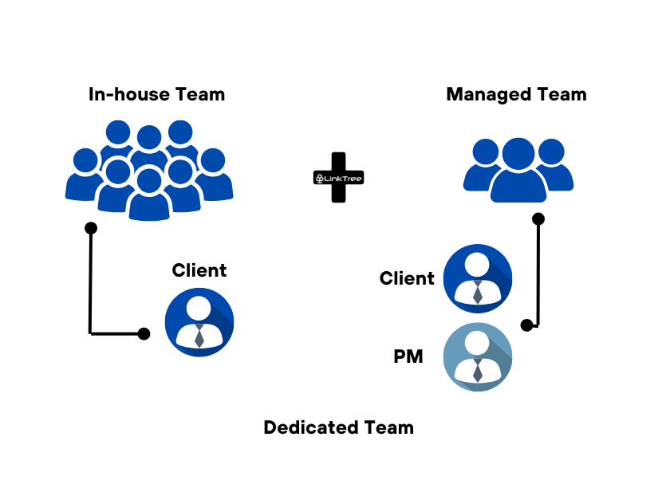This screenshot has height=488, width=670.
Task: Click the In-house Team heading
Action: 156,94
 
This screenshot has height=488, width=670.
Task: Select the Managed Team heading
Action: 516,94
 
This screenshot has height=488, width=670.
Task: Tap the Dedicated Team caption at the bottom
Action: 338,427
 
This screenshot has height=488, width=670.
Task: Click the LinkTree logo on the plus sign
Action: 339,178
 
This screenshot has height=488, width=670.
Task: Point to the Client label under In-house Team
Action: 199,270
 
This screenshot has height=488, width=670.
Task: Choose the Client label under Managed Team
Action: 407,278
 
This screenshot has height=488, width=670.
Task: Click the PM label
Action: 408,357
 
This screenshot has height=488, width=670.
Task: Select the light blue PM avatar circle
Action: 477,357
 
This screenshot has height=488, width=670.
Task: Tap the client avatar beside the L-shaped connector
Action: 199,321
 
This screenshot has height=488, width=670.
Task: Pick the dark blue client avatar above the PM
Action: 477,278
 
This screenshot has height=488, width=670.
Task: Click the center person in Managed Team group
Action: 518,171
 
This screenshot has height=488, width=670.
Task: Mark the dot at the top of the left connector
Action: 91,228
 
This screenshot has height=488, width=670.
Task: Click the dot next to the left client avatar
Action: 144,333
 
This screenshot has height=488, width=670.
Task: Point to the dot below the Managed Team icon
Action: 538,218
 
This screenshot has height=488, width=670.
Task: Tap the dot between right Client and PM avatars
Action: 526,325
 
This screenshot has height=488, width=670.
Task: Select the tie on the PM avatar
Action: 478,371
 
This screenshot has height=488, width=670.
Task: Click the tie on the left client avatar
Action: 199,336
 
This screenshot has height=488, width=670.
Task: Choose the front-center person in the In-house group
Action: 149,195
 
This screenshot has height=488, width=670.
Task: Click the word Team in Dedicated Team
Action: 387,427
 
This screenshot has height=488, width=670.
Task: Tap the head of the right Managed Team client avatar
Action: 478,264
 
